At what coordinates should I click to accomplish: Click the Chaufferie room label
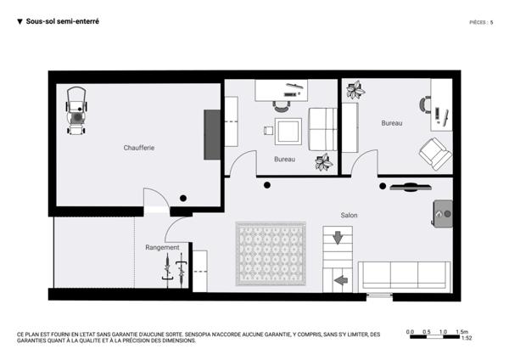tap(139, 148)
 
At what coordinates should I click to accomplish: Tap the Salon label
tap(349, 215)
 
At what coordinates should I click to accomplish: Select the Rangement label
tap(162, 248)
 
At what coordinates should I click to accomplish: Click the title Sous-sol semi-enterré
tap(62, 21)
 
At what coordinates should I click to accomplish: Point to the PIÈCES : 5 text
tap(481, 22)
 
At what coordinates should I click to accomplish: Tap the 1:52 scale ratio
tap(467, 338)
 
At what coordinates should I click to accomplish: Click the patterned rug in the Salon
tap(271, 254)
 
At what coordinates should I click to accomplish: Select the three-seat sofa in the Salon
tap(405, 277)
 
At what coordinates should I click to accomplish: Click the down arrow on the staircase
tap(338, 238)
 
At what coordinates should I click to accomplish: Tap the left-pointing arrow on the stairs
tap(341, 280)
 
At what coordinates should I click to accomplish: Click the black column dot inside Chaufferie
tap(183, 198)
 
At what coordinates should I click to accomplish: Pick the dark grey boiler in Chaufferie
tap(212, 135)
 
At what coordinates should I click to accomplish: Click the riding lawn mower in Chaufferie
tap(76, 110)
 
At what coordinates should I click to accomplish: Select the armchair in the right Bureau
tap(435, 154)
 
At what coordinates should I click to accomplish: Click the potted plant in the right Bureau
tap(355, 90)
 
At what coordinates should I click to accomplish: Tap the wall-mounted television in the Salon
tap(411, 187)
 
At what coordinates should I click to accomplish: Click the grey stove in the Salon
tap(443, 214)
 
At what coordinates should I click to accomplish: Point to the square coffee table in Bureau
tap(288, 132)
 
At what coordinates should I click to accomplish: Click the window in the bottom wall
tap(379, 296)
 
